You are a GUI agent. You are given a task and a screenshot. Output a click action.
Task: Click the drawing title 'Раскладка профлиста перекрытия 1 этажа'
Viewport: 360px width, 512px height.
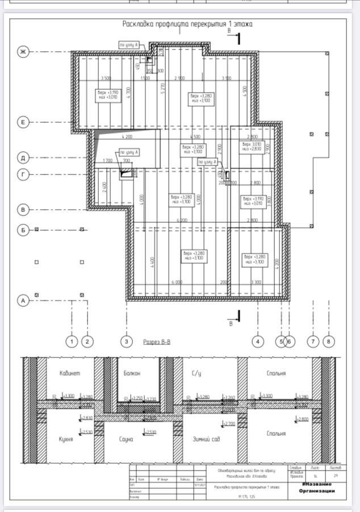tap(187, 24)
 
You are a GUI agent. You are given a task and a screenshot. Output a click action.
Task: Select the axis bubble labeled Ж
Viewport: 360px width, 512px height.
tap(23, 52)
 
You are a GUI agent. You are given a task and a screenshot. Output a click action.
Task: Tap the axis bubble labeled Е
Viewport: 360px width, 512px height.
tap(23, 122)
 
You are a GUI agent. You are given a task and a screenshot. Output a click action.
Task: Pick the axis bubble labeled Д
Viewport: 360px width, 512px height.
tap(23, 157)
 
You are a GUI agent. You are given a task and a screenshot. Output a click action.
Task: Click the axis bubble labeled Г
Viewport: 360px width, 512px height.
tap(23, 175)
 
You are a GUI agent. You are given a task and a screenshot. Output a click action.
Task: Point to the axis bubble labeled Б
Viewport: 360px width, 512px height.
tap(23, 230)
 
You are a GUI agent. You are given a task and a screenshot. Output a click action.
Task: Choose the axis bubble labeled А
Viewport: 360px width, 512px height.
tap(23, 301)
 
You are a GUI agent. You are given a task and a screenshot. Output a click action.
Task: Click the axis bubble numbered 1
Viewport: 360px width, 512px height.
tap(71, 342)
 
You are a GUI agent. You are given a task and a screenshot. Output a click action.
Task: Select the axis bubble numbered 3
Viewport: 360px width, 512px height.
tap(126, 342)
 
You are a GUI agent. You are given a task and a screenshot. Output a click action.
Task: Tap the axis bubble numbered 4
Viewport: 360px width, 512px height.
tap(258, 342)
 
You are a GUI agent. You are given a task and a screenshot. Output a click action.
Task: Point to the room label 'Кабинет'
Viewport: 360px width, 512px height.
tap(70, 373)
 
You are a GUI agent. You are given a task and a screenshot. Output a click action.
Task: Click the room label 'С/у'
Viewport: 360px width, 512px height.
tap(197, 373)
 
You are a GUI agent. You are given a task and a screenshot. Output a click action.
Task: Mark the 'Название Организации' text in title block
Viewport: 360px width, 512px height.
tap(317, 488)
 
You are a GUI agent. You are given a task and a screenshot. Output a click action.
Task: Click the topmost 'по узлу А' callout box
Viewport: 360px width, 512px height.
tap(129, 44)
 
